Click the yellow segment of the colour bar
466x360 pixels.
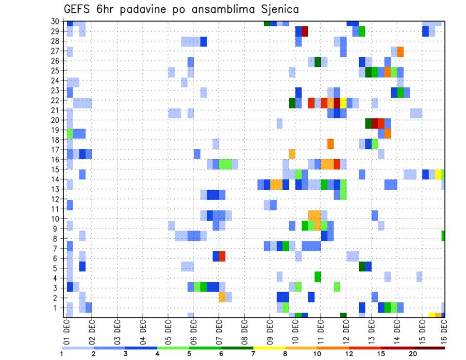pyautogui.click(x=269, y=348)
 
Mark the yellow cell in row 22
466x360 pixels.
pyautogui.click(x=343, y=103)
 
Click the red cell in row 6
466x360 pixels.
pyautogui.click(x=222, y=256)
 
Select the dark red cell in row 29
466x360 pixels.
pyautogui.click(x=305, y=32)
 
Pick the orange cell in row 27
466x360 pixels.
pyautogui.click(x=400, y=51)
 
